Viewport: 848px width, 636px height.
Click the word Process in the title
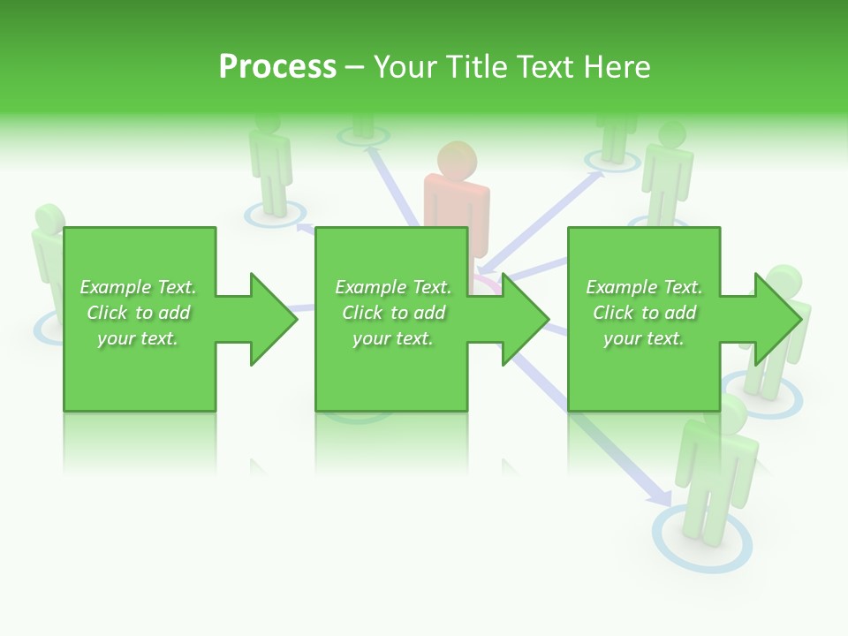(x=277, y=67)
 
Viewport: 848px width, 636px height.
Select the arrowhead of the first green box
(x=272, y=319)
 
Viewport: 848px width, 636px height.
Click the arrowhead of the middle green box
(x=525, y=319)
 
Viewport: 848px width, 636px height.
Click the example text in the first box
(x=139, y=313)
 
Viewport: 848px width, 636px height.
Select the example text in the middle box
(x=392, y=313)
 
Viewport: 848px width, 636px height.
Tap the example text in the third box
(x=644, y=313)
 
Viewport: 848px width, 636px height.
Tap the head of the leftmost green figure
(x=49, y=220)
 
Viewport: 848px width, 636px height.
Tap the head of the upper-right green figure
(x=673, y=135)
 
